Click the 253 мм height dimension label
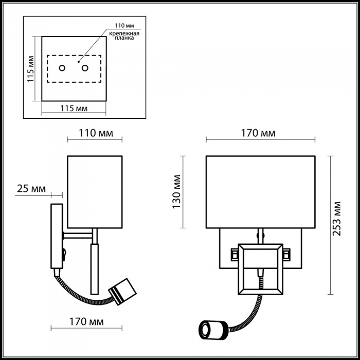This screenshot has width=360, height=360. click(x=337, y=219)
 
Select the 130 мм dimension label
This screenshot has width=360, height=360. click(x=176, y=192)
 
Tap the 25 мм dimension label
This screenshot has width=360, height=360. click(x=31, y=189)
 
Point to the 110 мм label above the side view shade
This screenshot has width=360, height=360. click(x=96, y=133)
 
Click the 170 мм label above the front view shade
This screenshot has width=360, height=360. click(x=258, y=133)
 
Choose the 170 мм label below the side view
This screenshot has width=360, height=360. click(x=86, y=321)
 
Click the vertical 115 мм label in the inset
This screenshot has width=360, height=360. click(x=30, y=68)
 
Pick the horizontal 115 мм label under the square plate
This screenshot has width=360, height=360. click(x=74, y=108)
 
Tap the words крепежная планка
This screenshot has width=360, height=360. click(x=124, y=35)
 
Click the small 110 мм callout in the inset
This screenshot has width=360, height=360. click(x=124, y=26)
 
